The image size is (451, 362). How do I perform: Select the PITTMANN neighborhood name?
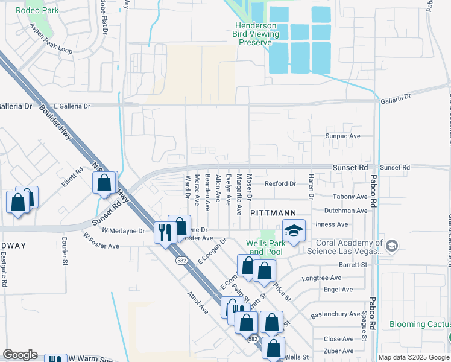[273, 213]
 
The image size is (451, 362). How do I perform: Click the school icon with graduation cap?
[294, 230]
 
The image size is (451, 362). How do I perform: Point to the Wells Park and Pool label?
[264, 247]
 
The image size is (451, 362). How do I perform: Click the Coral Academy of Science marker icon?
[392, 245]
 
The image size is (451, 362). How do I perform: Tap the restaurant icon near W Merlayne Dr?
[165, 232]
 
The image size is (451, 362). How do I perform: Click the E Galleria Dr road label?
[72, 106]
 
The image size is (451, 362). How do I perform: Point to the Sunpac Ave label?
[342, 137]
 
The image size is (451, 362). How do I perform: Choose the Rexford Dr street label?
[280, 183]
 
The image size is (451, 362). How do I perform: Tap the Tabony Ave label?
[350, 197]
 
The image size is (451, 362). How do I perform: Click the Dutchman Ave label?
[345, 211]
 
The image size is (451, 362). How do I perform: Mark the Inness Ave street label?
[332, 224]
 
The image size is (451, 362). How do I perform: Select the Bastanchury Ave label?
[336, 314]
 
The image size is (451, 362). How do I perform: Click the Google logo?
[20, 355]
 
